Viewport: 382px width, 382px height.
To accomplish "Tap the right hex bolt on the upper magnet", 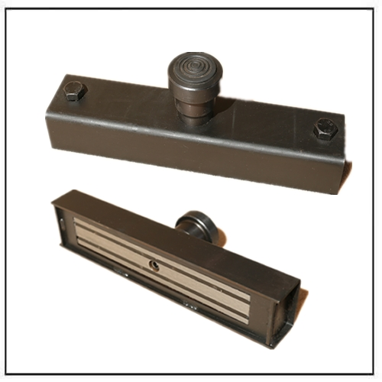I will click(x=325, y=128).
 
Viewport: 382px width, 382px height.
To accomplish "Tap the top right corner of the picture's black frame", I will click(x=373, y=8).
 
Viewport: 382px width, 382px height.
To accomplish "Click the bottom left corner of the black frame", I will click(x=8, y=373).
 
